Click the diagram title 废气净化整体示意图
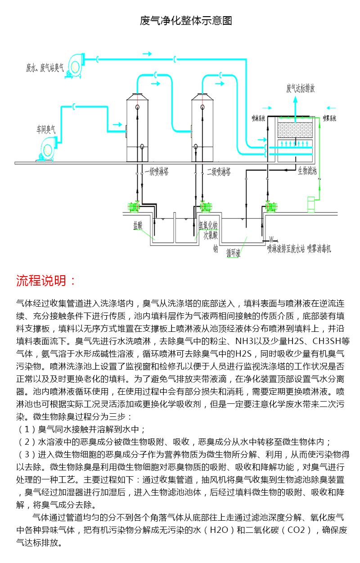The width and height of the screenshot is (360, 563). pos(186,21)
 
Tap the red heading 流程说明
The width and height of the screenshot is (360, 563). pos(46,281)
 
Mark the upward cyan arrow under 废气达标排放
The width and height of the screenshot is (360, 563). pos(295,106)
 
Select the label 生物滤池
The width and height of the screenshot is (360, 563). pos(307,171)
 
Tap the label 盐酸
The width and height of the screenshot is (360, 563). pos(137,223)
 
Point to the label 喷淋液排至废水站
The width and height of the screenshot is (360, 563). pos(286,248)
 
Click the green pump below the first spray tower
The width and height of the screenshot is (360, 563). pos(133,206)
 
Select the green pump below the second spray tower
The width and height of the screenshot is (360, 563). pos(205,206)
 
